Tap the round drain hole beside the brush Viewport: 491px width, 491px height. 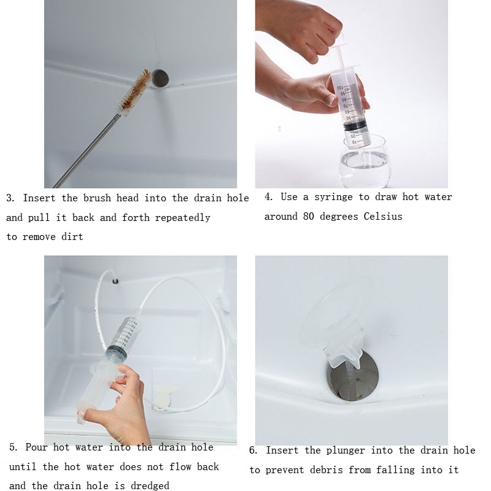(x=160, y=77)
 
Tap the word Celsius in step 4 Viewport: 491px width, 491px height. (x=383, y=217)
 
